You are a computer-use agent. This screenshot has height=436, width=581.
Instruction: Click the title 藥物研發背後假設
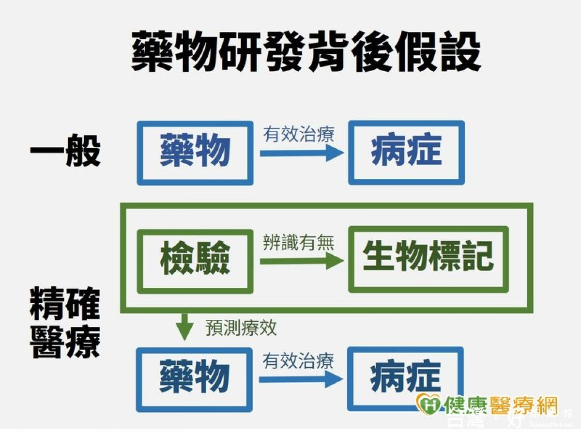(306, 52)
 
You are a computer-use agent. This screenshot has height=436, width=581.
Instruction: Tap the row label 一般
(65, 151)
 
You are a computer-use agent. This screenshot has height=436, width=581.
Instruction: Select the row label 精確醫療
(65, 323)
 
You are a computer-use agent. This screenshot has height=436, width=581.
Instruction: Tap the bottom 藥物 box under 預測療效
(195, 379)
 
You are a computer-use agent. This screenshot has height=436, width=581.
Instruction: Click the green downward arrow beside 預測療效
(184, 328)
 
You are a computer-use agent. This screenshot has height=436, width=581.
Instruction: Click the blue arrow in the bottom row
(300, 379)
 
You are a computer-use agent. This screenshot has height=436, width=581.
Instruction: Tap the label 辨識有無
(299, 242)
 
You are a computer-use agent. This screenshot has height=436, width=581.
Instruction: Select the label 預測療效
(241, 328)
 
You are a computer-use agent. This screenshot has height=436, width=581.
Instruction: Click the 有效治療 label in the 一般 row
(299, 134)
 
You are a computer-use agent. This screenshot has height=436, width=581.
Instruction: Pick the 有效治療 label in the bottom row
(298, 361)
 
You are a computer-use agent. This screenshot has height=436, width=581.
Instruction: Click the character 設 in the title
(459, 52)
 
